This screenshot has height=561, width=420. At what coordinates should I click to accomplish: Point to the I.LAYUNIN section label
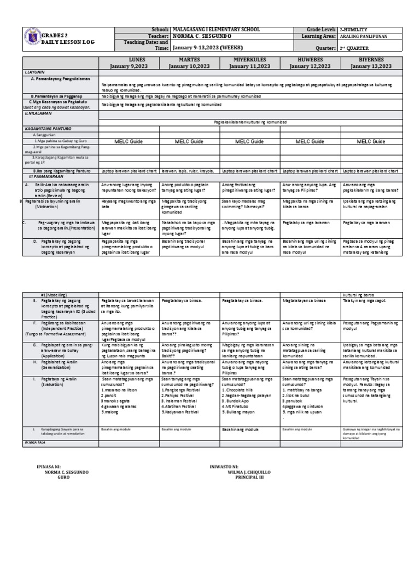[x=34, y=72]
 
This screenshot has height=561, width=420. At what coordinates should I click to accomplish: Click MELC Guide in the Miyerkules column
[x=249, y=141]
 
